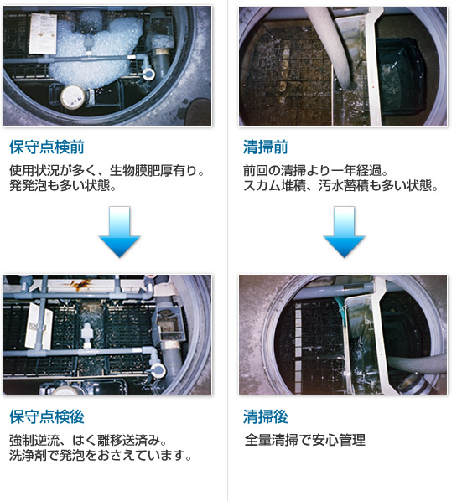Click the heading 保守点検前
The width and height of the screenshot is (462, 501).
(x=47, y=147)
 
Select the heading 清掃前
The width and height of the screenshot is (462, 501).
(x=265, y=147)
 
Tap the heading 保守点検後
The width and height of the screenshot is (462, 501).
(x=47, y=416)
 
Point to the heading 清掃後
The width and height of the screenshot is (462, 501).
(x=265, y=416)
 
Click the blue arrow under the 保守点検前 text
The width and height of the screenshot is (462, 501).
(x=119, y=231)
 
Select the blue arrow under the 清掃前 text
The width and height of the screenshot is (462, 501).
(x=344, y=231)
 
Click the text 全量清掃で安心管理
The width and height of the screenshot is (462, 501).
(x=304, y=440)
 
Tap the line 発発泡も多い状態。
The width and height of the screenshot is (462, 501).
(x=63, y=185)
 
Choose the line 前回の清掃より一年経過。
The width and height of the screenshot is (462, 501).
(x=315, y=170)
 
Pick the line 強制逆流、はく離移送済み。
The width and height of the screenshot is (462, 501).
(x=88, y=440)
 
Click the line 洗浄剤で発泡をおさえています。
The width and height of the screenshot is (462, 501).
(x=101, y=455)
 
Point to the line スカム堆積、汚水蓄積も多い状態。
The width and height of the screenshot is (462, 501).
(x=340, y=185)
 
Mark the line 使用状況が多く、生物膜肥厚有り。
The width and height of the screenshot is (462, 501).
(x=106, y=170)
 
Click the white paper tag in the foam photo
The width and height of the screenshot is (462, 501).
(x=43, y=34)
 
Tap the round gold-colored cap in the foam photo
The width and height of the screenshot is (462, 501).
(x=73, y=97)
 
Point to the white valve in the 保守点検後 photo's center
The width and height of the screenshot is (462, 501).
(x=86, y=334)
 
